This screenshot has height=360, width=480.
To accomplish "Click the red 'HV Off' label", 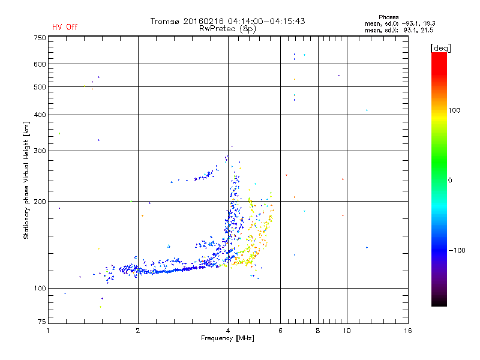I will coord(65,27).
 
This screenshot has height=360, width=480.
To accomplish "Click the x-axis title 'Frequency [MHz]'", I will coord(227,339).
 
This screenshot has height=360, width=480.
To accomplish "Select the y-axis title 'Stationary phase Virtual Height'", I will coord(26,180).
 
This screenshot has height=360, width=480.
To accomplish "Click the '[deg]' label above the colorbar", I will coord(440,47).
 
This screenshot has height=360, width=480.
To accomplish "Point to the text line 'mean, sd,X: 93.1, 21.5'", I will coord(399,30).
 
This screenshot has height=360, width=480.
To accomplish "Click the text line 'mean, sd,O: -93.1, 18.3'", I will coord(399,23).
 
